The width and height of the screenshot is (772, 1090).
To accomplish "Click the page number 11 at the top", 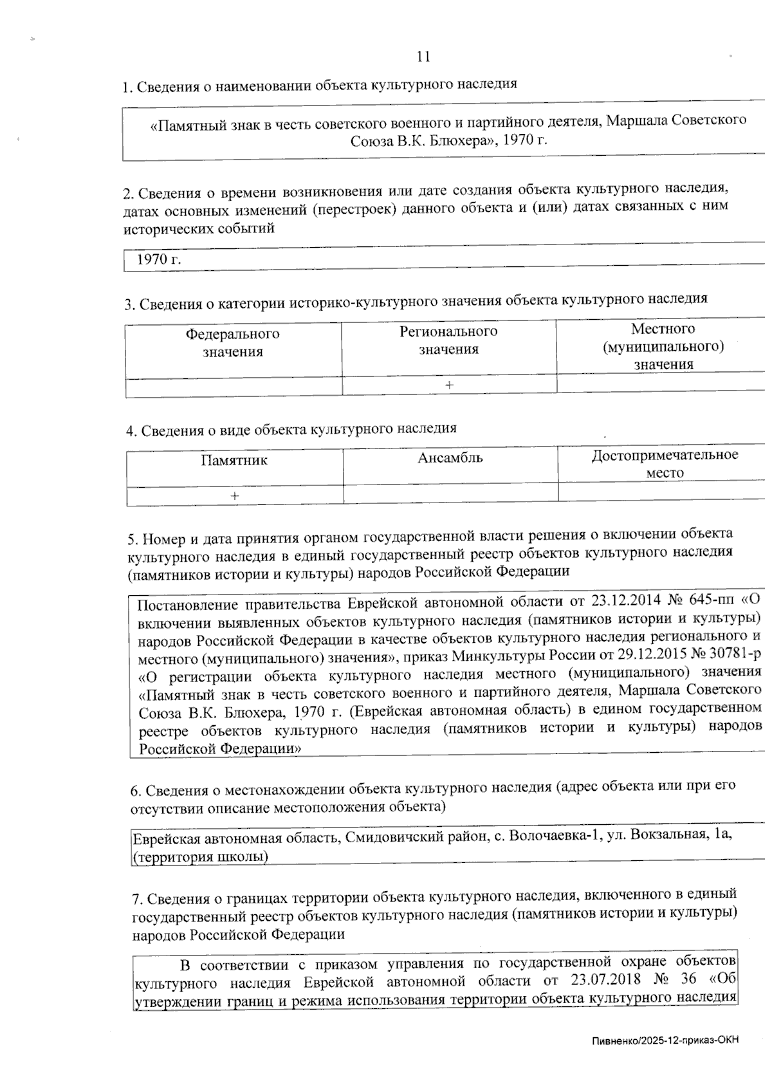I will [x=423, y=57].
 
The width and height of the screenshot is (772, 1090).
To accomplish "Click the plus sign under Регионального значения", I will [x=449, y=385].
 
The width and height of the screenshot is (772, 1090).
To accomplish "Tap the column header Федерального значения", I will [x=233, y=343].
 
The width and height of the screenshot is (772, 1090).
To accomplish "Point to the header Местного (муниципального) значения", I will [x=663, y=347].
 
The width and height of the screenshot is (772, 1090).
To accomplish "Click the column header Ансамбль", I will [x=450, y=459].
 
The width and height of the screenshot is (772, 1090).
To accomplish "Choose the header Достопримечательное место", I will [x=665, y=464].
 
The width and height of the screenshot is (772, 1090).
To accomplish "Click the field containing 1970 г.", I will [x=159, y=260].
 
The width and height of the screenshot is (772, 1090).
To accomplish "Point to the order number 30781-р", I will [x=733, y=656].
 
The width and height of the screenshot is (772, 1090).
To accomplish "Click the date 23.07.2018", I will [x=605, y=981].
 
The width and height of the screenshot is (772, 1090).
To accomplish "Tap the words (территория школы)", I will [x=200, y=857].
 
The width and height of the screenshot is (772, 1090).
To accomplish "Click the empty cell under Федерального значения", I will [x=233, y=387].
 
